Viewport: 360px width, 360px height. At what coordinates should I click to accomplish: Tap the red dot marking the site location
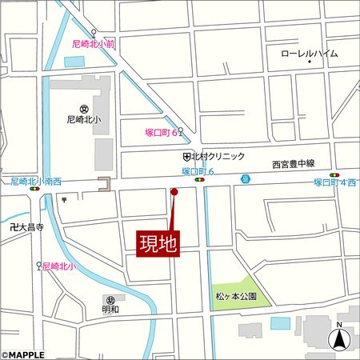tap(174, 191)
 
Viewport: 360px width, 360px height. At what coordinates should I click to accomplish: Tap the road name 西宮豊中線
tap(294, 163)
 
